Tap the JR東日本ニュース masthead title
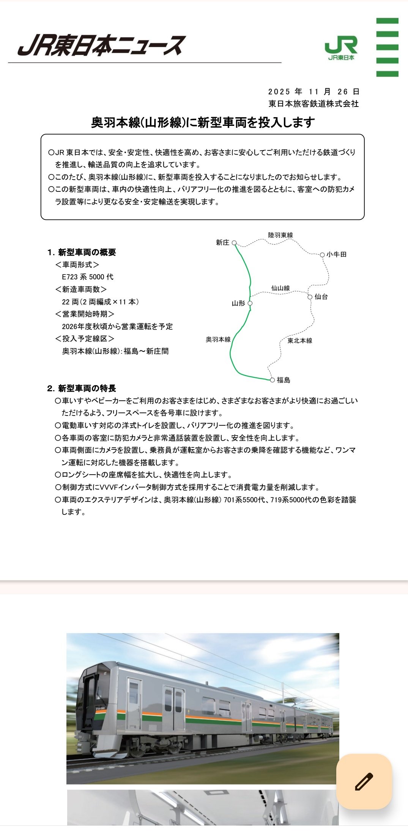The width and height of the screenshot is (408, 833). [102, 45]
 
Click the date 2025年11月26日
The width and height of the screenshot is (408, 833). [313, 92]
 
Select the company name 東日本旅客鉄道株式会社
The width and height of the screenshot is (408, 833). [313, 104]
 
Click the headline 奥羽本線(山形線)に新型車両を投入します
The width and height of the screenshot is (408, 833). [203, 122]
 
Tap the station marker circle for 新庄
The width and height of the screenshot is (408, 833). [234, 243]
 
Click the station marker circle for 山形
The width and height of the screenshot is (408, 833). [250, 303]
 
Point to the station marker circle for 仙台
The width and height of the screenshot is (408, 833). [310, 297]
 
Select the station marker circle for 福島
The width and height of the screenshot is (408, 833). [272, 380]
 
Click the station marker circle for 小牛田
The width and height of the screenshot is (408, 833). [322, 254]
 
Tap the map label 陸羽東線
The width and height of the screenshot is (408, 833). [280, 235]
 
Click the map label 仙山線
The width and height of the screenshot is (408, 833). [280, 288]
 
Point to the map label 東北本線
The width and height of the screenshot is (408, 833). [300, 340]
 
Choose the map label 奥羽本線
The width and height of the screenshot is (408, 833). [218, 339]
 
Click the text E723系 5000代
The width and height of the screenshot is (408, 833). [88, 277]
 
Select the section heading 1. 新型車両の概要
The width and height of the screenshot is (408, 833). [82, 252]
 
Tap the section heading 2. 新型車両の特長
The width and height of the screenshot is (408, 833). [82, 388]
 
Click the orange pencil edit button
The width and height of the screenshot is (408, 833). [364, 781]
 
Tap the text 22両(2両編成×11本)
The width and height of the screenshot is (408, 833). [101, 302]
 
